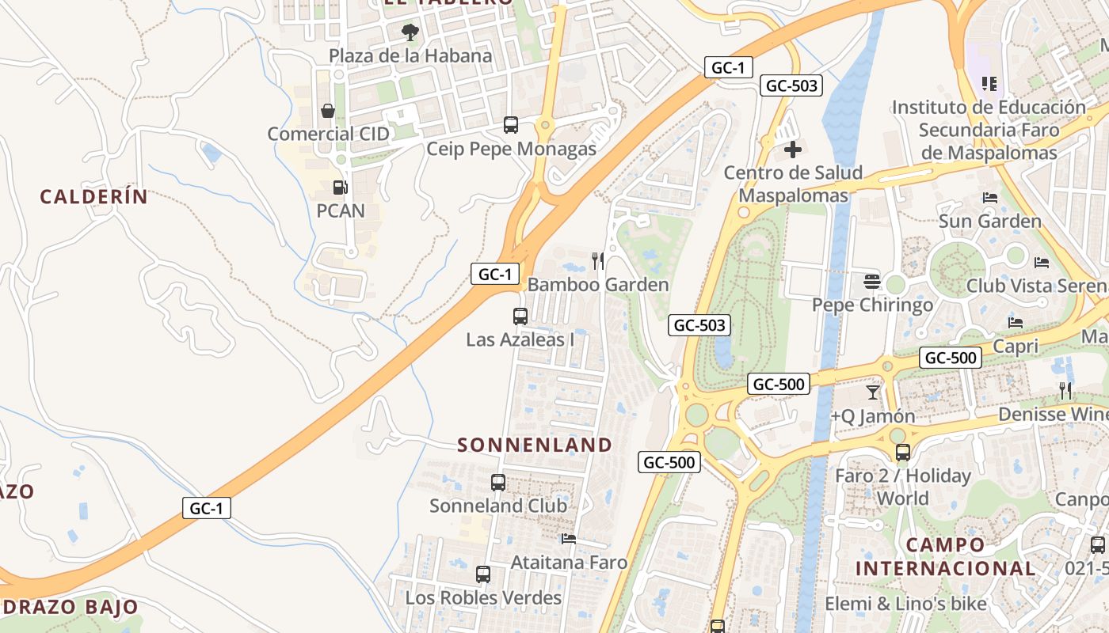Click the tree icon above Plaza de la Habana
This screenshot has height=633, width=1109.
pos(410,32)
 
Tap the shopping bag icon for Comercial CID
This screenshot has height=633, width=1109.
pos(328,111)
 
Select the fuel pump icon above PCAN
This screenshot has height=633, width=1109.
pos(340,188)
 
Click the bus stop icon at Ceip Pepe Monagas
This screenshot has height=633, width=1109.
pos(511,125)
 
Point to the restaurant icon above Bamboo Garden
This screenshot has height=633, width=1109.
pos(598,260)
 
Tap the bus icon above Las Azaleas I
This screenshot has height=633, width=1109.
pos(520,316)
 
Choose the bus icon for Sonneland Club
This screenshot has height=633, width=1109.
pos(498,483)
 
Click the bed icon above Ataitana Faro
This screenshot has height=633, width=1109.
pos(569,540)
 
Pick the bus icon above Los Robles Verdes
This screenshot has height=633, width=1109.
pos(483,574)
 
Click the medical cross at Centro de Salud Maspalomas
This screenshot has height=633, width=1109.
pos(793,150)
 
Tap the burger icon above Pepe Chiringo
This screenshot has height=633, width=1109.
pos(872,281)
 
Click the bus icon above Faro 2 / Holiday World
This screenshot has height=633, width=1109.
pos(903,453)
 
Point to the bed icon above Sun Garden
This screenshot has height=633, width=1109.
pos(990,198)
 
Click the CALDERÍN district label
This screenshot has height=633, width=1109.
pos(93,197)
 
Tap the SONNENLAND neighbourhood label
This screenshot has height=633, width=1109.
pos(535,445)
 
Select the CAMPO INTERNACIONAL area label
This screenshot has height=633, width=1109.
pos(945,556)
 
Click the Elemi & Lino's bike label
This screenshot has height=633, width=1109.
pos(906,605)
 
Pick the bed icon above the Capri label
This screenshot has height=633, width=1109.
pos(1016,323)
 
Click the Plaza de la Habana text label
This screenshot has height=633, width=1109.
pos(410,56)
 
